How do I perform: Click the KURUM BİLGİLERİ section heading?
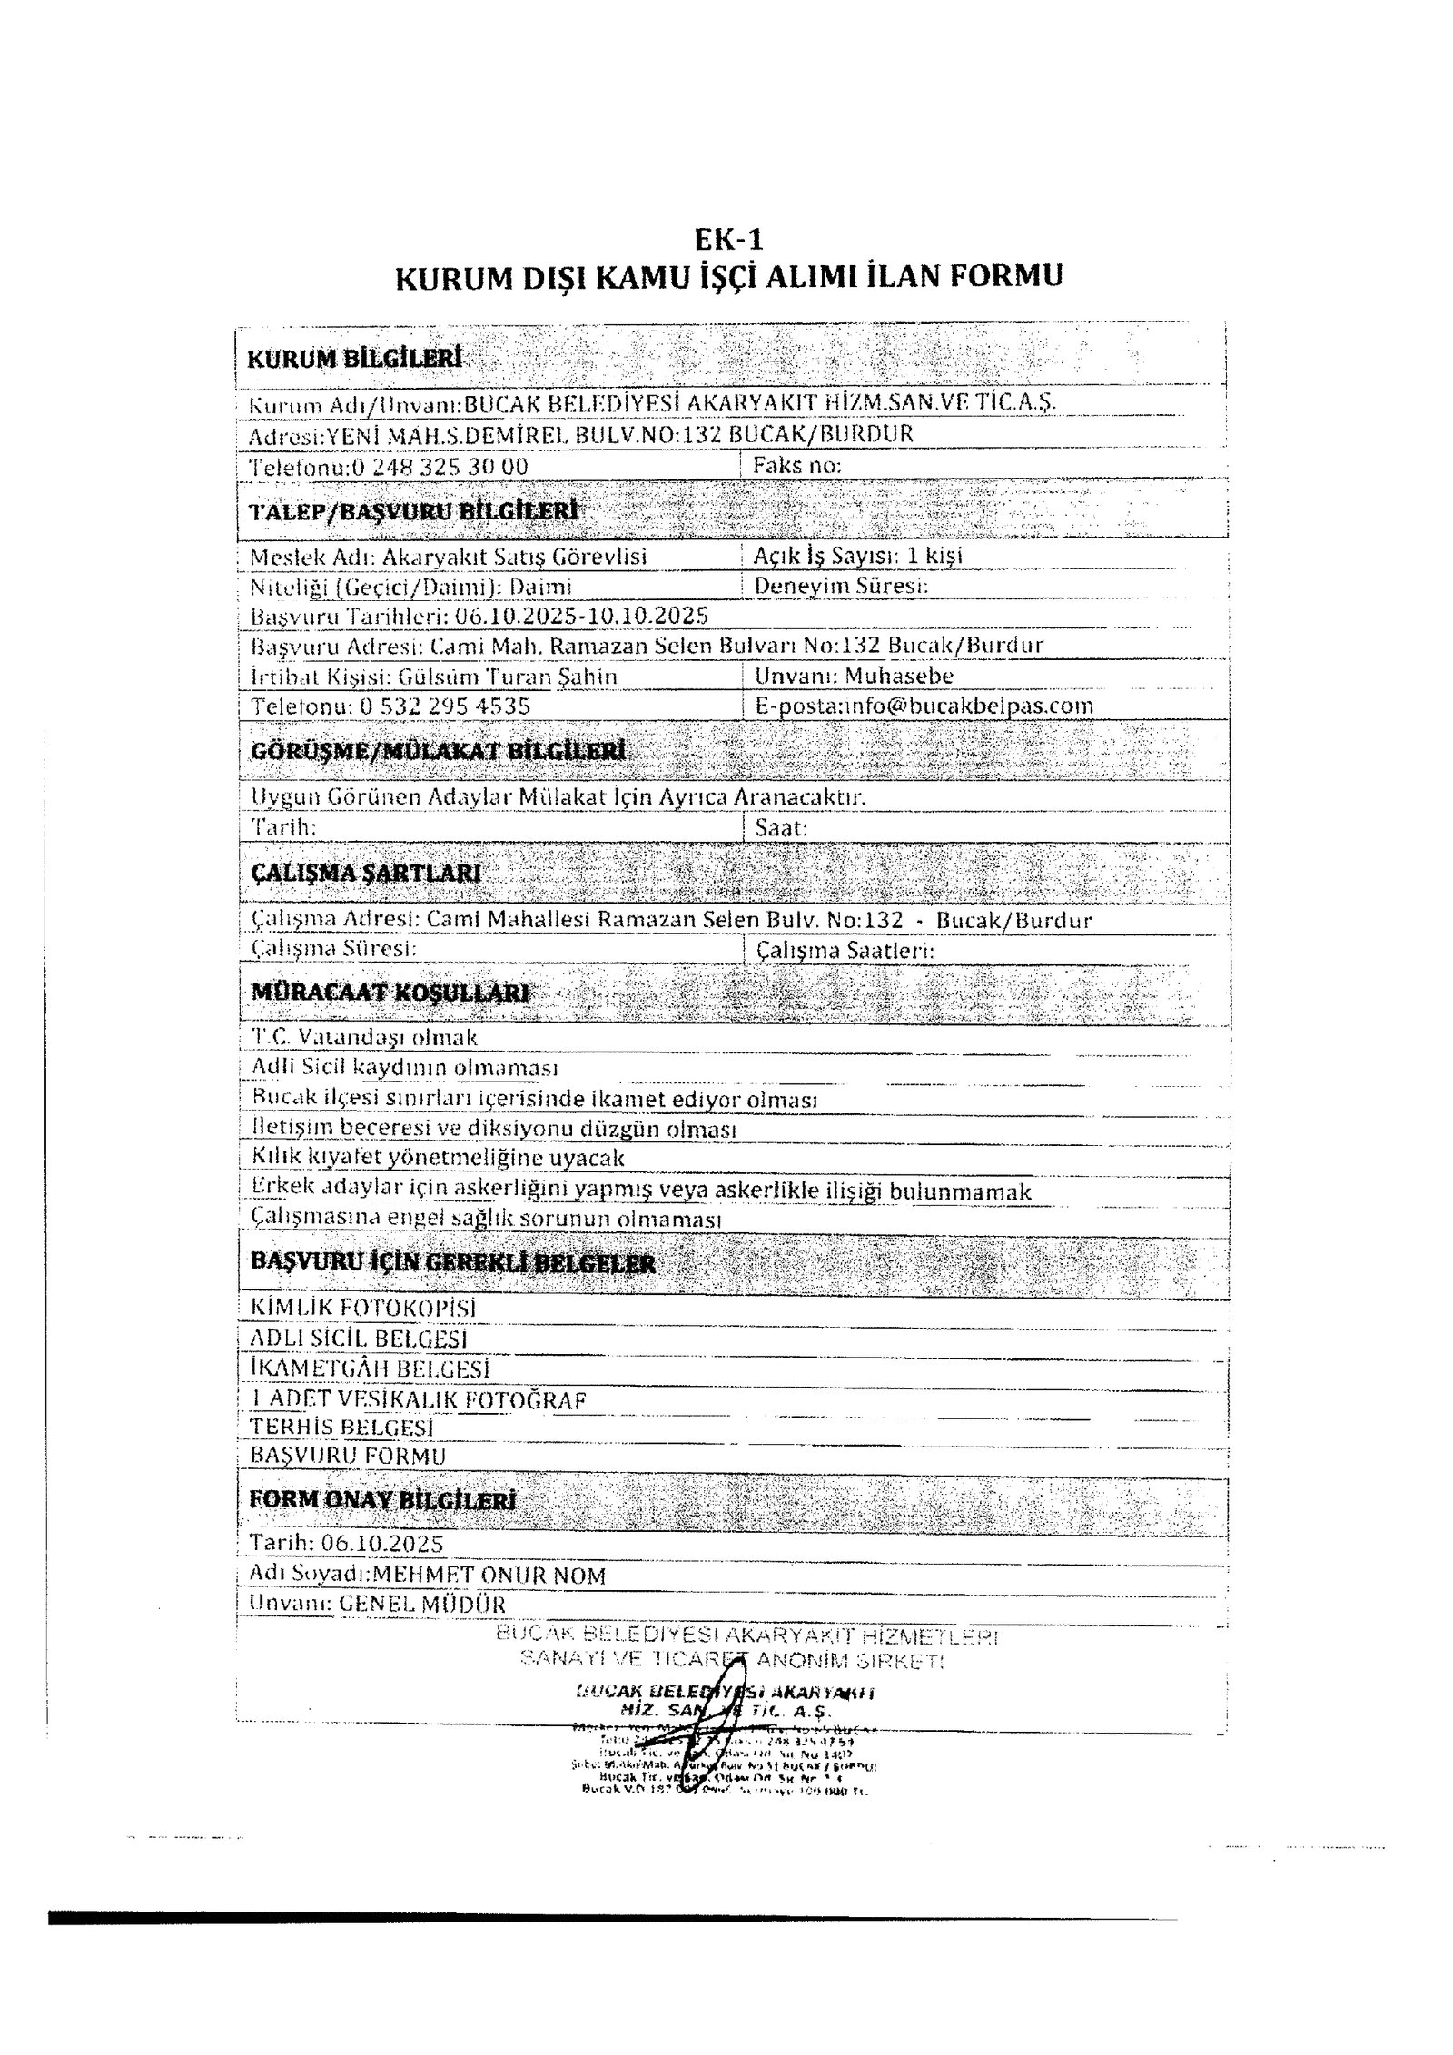click(x=354, y=358)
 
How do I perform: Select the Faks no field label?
click(x=796, y=466)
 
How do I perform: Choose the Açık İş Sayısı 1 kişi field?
click(x=858, y=555)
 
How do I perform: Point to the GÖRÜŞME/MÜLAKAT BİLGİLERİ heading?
click(x=438, y=752)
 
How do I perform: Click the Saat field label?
click(x=781, y=827)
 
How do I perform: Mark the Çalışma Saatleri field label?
click(x=845, y=951)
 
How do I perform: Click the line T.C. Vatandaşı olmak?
click(x=363, y=1037)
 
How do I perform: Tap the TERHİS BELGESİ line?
click(x=341, y=1428)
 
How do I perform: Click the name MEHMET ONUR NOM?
click(x=489, y=1575)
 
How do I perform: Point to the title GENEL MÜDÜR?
click(x=421, y=1605)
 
